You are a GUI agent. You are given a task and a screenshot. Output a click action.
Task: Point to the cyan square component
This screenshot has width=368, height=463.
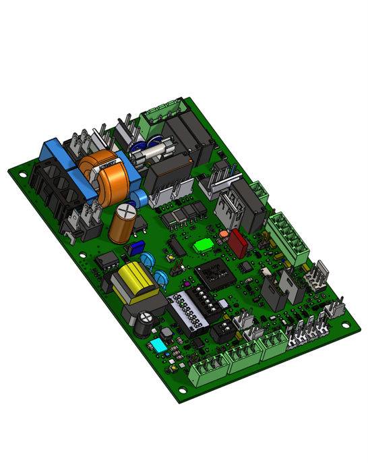[159, 346]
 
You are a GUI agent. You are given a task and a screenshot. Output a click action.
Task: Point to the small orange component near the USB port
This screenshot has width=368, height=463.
[222, 234]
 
